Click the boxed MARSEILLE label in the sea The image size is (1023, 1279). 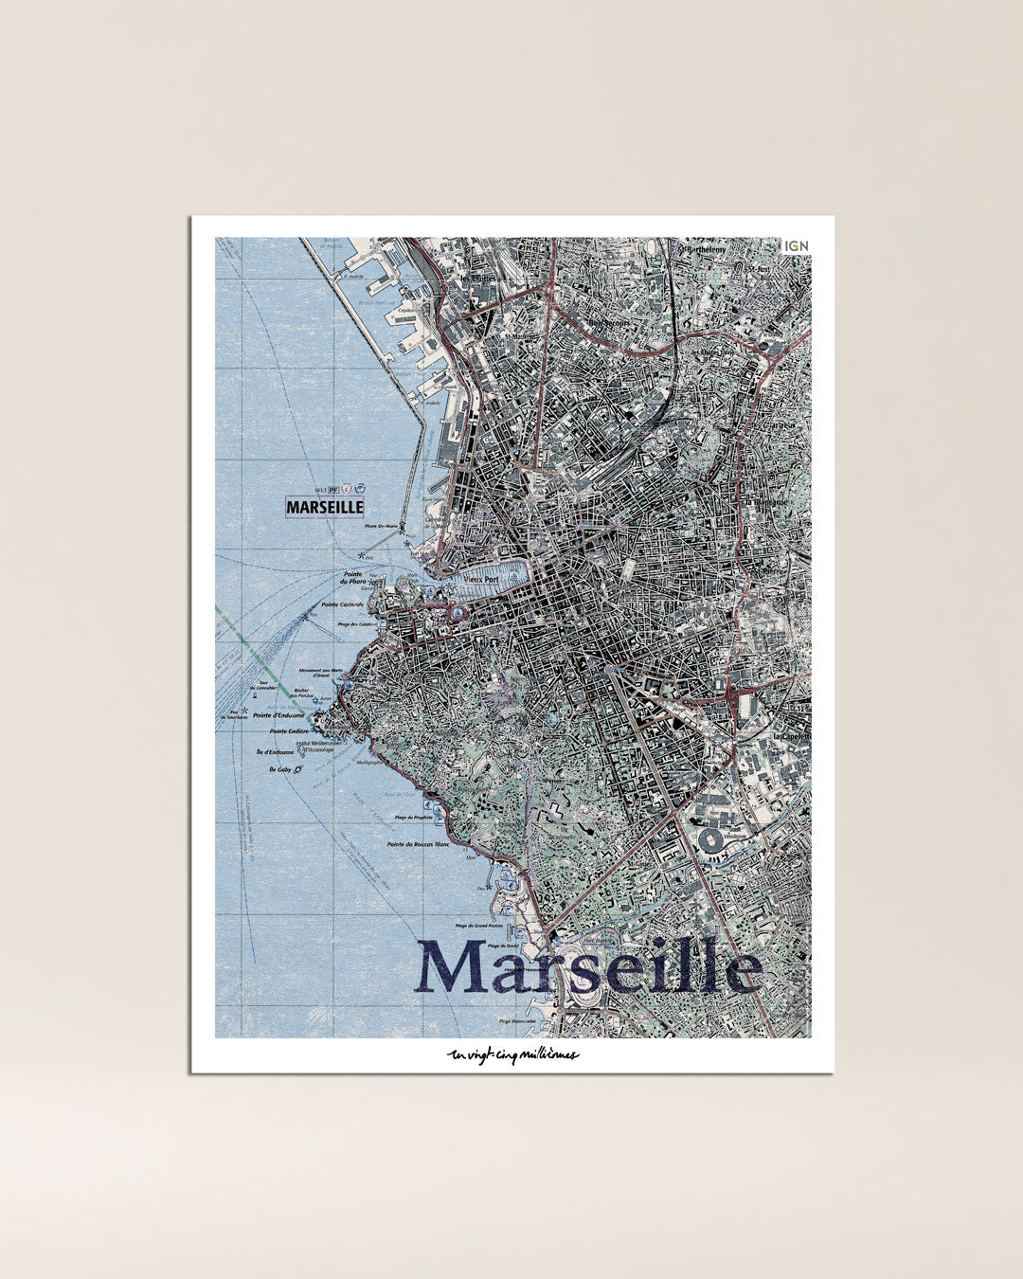325,507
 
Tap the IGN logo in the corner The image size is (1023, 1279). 797,246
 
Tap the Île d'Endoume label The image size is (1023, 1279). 275,752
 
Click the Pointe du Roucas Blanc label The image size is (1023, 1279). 418,843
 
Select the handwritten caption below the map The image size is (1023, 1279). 511,1054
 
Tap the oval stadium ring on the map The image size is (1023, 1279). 709,838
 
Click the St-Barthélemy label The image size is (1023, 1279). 701,250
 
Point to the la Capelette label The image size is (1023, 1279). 791,736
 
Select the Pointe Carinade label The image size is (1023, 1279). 343,604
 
